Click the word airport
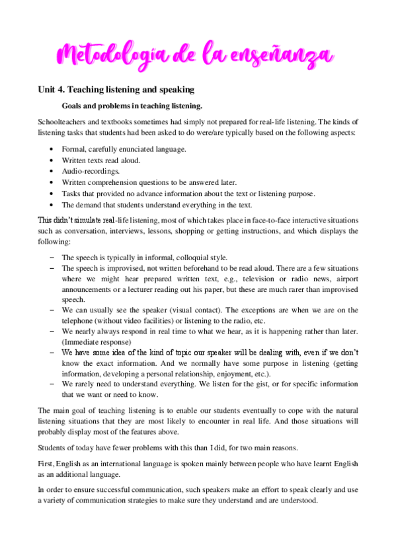click(344, 279)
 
